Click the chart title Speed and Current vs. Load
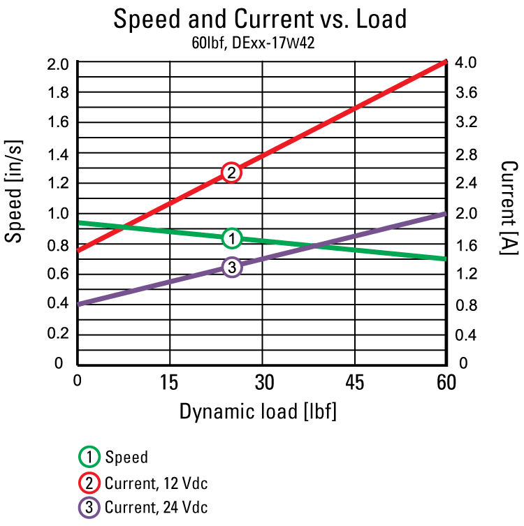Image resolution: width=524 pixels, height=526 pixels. click(x=260, y=19)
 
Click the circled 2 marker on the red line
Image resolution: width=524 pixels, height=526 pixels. click(x=231, y=173)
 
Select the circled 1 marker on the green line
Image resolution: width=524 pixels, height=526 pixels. click(x=231, y=238)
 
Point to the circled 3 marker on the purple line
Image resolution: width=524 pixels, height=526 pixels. click(x=231, y=267)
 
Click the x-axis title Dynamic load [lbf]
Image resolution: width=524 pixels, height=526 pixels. click(x=258, y=411)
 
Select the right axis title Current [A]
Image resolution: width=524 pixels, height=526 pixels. click(x=509, y=207)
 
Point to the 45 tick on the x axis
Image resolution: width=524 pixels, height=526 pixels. click(x=354, y=381)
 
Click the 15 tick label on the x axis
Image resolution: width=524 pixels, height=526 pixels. click(x=169, y=381)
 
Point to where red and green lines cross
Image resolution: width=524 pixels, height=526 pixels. click(x=123, y=227)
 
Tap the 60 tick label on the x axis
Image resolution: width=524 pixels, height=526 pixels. click(x=446, y=381)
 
